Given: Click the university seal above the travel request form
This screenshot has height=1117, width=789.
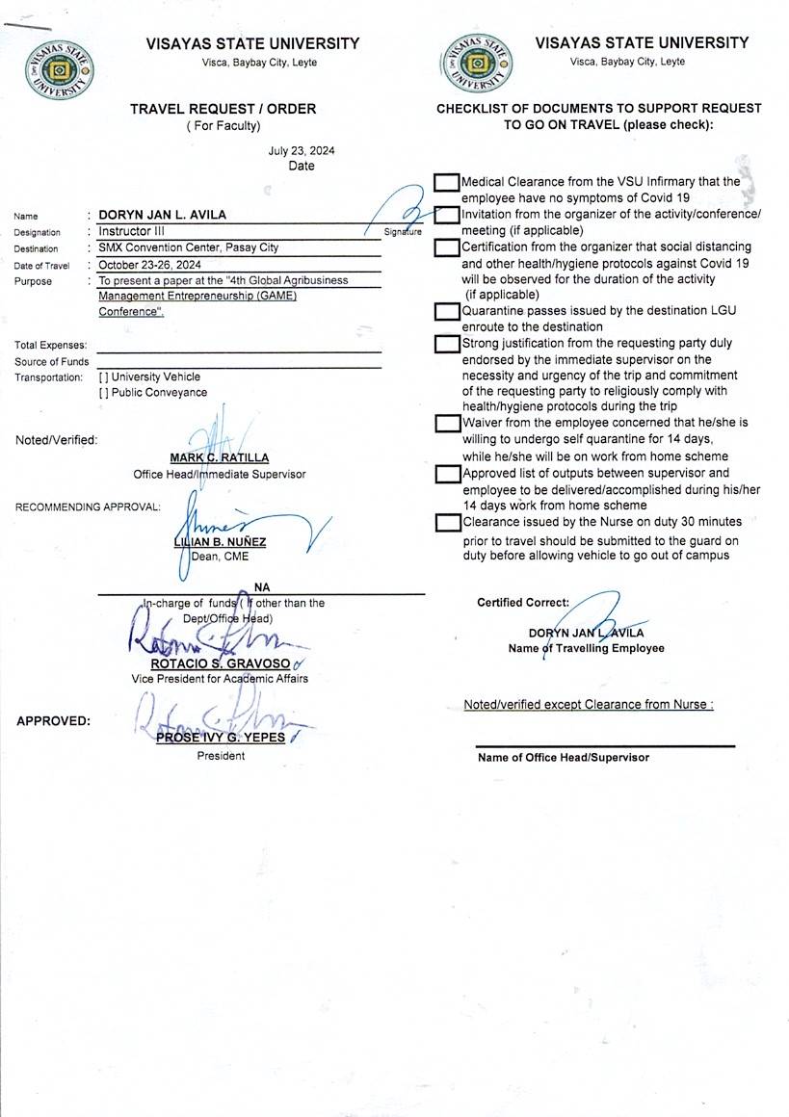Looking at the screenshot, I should tap(61, 71).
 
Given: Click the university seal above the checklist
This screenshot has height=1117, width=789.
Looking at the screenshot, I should tap(479, 65).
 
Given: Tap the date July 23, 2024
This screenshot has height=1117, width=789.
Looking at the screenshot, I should tap(302, 150).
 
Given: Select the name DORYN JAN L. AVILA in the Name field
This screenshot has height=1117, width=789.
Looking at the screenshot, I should tap(162, 215).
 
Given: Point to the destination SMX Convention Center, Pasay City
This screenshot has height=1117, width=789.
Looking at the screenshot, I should tap(188, 247).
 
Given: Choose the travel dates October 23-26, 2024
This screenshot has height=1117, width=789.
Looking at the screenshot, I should tap(149, 264).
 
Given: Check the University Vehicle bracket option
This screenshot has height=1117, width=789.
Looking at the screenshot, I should tap(103, 377).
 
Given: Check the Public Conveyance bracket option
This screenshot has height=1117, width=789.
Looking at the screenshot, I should tap(103, 393).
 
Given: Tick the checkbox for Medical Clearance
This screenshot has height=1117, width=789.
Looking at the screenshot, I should tap(446, 182).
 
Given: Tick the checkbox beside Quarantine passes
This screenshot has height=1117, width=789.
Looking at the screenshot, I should tap(446, 311).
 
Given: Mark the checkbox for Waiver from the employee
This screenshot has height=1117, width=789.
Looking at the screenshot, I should tap(446, 423).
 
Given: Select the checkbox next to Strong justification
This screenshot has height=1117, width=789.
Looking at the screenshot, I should tap(446, 344).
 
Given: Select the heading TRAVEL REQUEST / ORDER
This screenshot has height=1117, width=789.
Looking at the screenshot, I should tap(223, 109).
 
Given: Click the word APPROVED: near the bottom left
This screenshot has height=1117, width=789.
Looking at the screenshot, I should tap(54, 720).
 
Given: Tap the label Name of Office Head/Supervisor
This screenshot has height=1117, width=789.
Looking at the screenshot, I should tap(564, 758).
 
